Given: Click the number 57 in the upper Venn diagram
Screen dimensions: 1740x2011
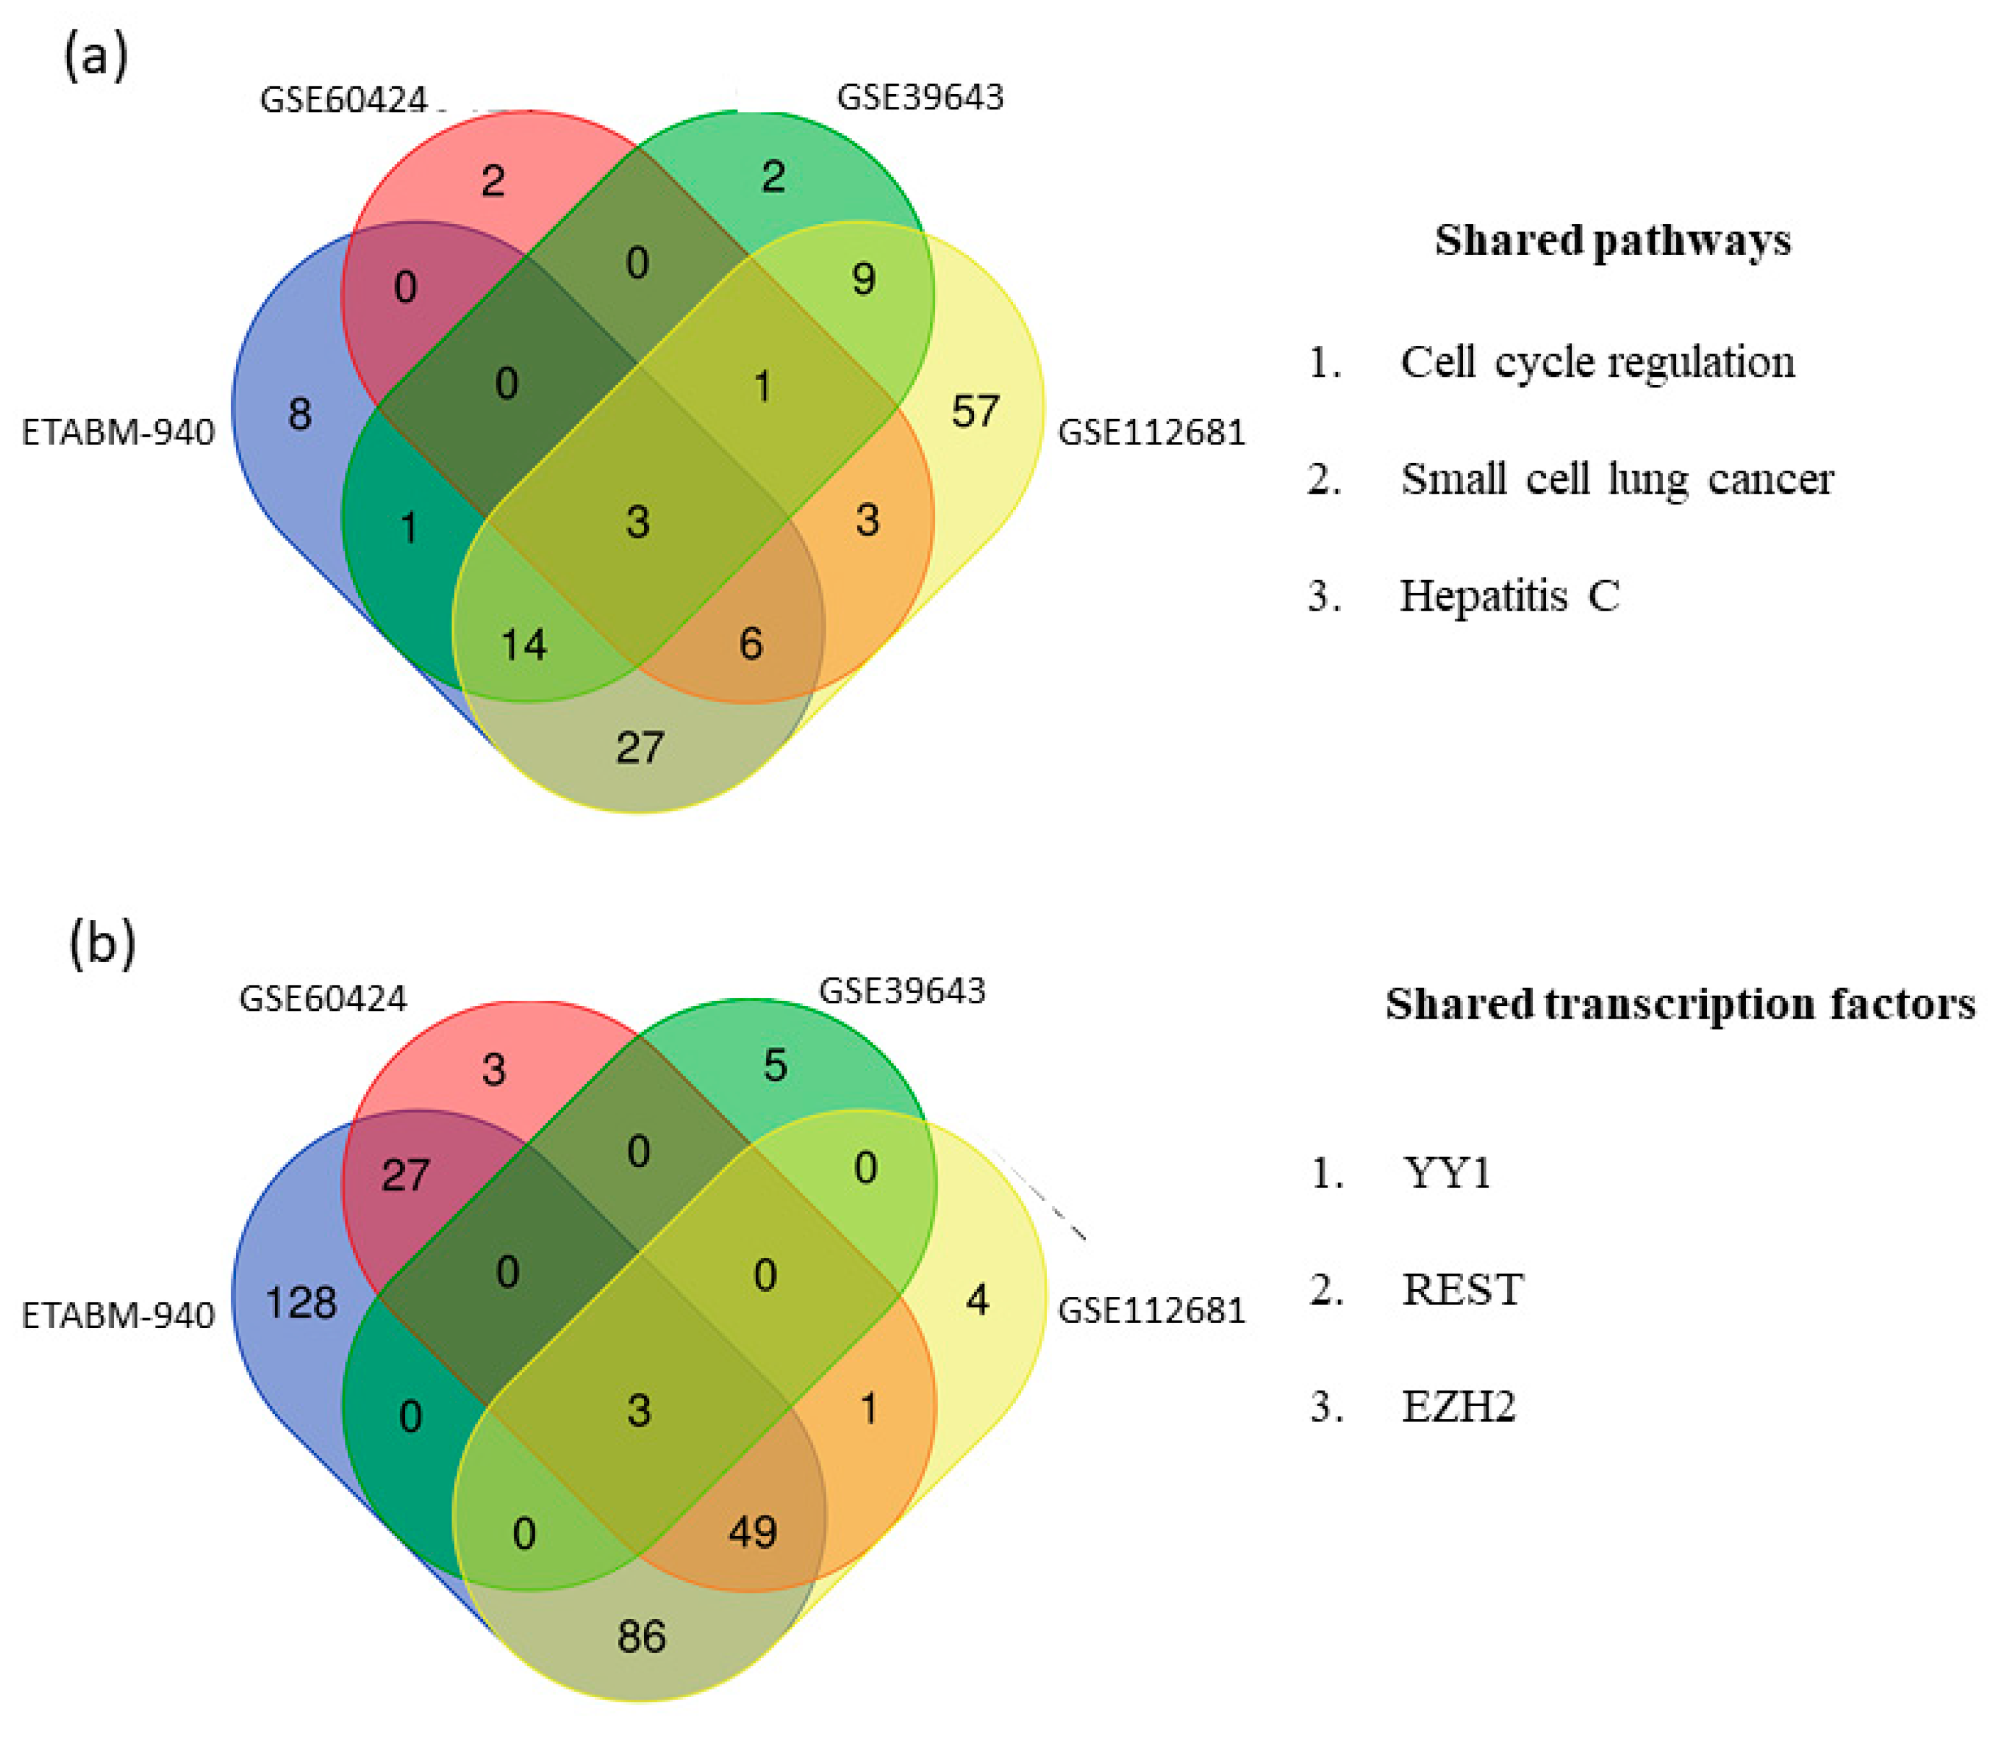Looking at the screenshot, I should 974,412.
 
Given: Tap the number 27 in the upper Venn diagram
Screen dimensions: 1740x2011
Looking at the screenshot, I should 640,748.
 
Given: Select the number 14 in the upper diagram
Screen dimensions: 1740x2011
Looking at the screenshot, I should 523,645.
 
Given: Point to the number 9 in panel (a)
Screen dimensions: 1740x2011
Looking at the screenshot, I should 864,279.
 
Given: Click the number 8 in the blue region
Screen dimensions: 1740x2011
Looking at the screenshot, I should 300,414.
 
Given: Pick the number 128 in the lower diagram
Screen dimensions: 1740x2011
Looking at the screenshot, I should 301,1302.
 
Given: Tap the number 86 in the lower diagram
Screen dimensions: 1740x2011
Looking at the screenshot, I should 641,1637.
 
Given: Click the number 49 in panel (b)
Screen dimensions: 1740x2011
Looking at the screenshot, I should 753,1532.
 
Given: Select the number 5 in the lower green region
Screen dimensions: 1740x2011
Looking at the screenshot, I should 774,1065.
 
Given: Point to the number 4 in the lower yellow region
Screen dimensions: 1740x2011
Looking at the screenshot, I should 977,1300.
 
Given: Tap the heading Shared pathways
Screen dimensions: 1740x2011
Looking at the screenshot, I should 1613,240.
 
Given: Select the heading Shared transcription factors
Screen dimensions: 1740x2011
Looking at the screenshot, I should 1680,1004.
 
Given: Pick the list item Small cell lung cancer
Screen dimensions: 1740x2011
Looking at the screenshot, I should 1617,479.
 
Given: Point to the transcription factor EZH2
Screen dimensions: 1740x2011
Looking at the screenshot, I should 1458,1406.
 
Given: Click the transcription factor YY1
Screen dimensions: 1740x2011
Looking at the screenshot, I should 1446,1173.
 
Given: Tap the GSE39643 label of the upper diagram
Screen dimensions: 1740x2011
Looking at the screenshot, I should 920,97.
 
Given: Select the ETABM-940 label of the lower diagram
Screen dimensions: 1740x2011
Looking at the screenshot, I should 118,1315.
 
